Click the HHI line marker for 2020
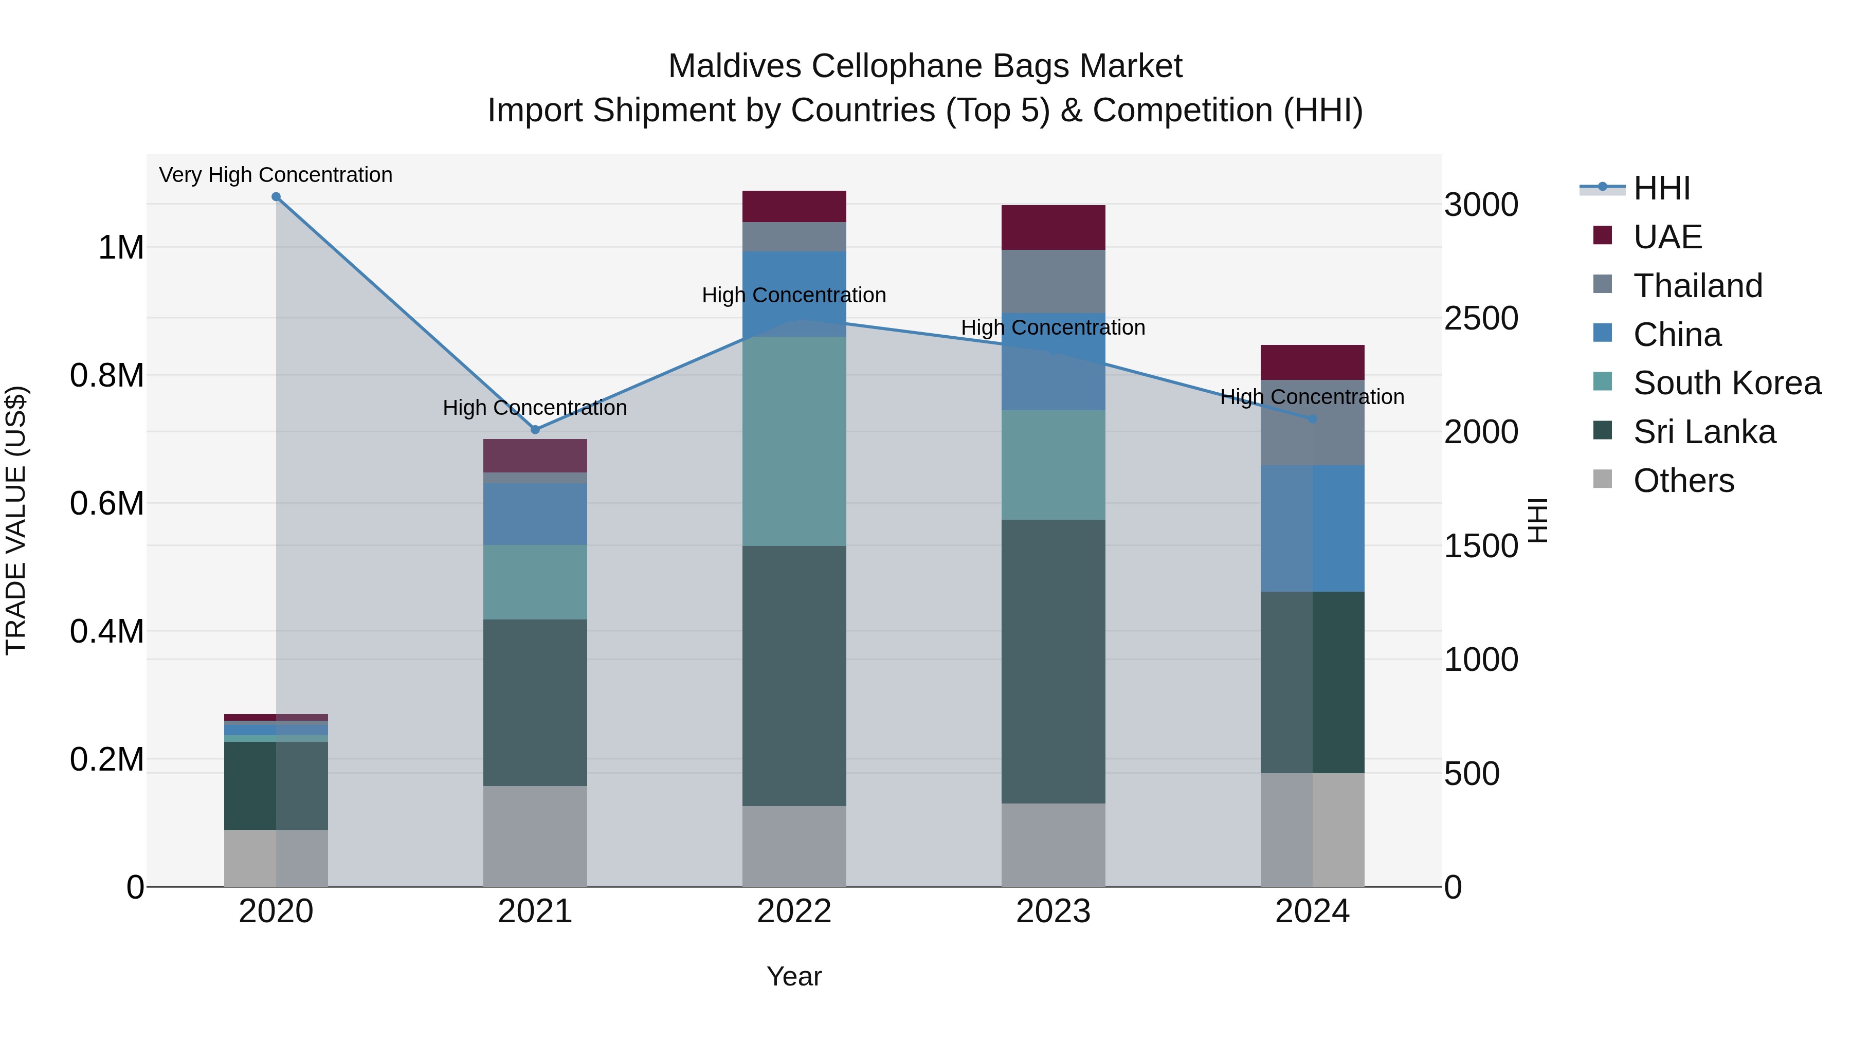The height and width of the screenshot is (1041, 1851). (x=276, y=197)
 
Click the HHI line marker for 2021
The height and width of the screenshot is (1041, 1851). (x=535, y=430)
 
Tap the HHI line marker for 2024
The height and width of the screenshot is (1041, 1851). (x=1312, y=419)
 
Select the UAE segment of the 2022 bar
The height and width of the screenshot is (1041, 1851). (x=794, y=206)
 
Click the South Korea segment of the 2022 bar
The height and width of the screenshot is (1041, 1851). (x=794, y=441)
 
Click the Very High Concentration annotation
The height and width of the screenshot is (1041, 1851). (x=276, y=175)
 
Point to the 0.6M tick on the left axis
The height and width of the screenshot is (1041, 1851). (x=107, y=503)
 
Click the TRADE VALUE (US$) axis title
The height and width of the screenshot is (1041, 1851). (x=16, y=520)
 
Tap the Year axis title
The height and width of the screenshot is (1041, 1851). (x=794, y=976)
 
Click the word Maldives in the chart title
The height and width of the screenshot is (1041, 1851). (x=734, y=66)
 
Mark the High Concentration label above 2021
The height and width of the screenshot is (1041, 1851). (x=535, y=407)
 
